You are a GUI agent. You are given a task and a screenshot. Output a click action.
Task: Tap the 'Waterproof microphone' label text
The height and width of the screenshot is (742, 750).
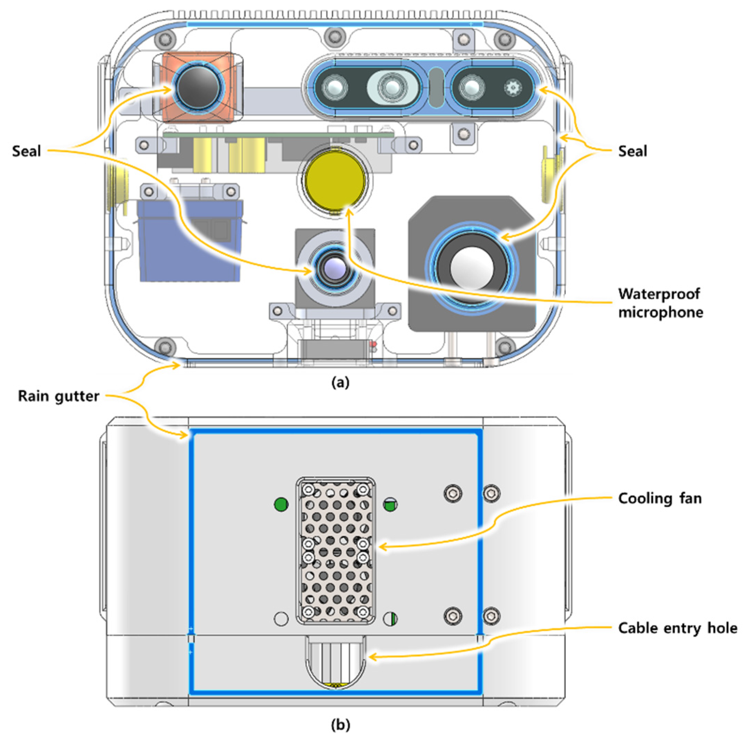point(660,303)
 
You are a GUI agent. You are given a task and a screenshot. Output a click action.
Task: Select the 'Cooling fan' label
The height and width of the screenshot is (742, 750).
point(659,498)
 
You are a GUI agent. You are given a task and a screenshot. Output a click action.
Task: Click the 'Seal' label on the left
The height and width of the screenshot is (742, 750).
point(26,151)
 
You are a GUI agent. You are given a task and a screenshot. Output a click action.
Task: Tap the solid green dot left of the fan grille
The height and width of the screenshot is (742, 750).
point(281,505)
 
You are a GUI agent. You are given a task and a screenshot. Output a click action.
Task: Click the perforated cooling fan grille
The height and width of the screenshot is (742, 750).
point(336,551)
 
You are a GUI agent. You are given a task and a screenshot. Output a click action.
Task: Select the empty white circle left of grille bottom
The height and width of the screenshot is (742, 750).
point(281,619)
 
